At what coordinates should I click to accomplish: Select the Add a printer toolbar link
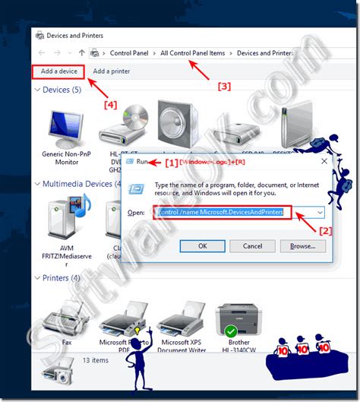pyautogui.click(x=111, y=71)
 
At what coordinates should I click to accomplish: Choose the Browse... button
pyautogui.click(x=302, y=245)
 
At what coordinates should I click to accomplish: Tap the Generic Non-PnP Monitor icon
pyautogui.click(x=66, y=129)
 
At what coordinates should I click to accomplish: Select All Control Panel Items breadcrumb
pyautogui.click(x=192, y=52)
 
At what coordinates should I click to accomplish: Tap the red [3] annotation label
pyautogui.click(x=224, y=86)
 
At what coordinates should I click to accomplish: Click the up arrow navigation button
pyautogui.click(x=81, y=52)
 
